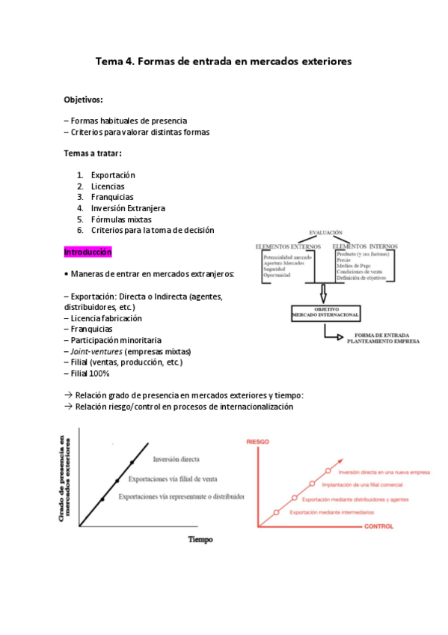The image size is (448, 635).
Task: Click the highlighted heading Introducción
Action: (88, 253)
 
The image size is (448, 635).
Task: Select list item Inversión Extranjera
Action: (128, 208)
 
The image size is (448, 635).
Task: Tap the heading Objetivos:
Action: (83, 100)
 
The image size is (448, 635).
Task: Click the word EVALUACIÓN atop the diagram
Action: (325, 233)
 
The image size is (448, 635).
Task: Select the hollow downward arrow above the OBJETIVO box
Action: (322, 291)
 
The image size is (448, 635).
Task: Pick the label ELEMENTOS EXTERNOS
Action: (289, 246)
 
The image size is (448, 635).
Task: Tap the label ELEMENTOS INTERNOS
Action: (365, 246)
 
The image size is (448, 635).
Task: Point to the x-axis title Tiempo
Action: (200, 538)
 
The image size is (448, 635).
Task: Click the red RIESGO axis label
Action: (257, 443)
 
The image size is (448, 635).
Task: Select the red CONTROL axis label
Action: (384, 527)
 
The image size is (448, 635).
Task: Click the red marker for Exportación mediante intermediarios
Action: (277, 512)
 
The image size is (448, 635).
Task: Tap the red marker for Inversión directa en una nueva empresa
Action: (328, 471)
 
